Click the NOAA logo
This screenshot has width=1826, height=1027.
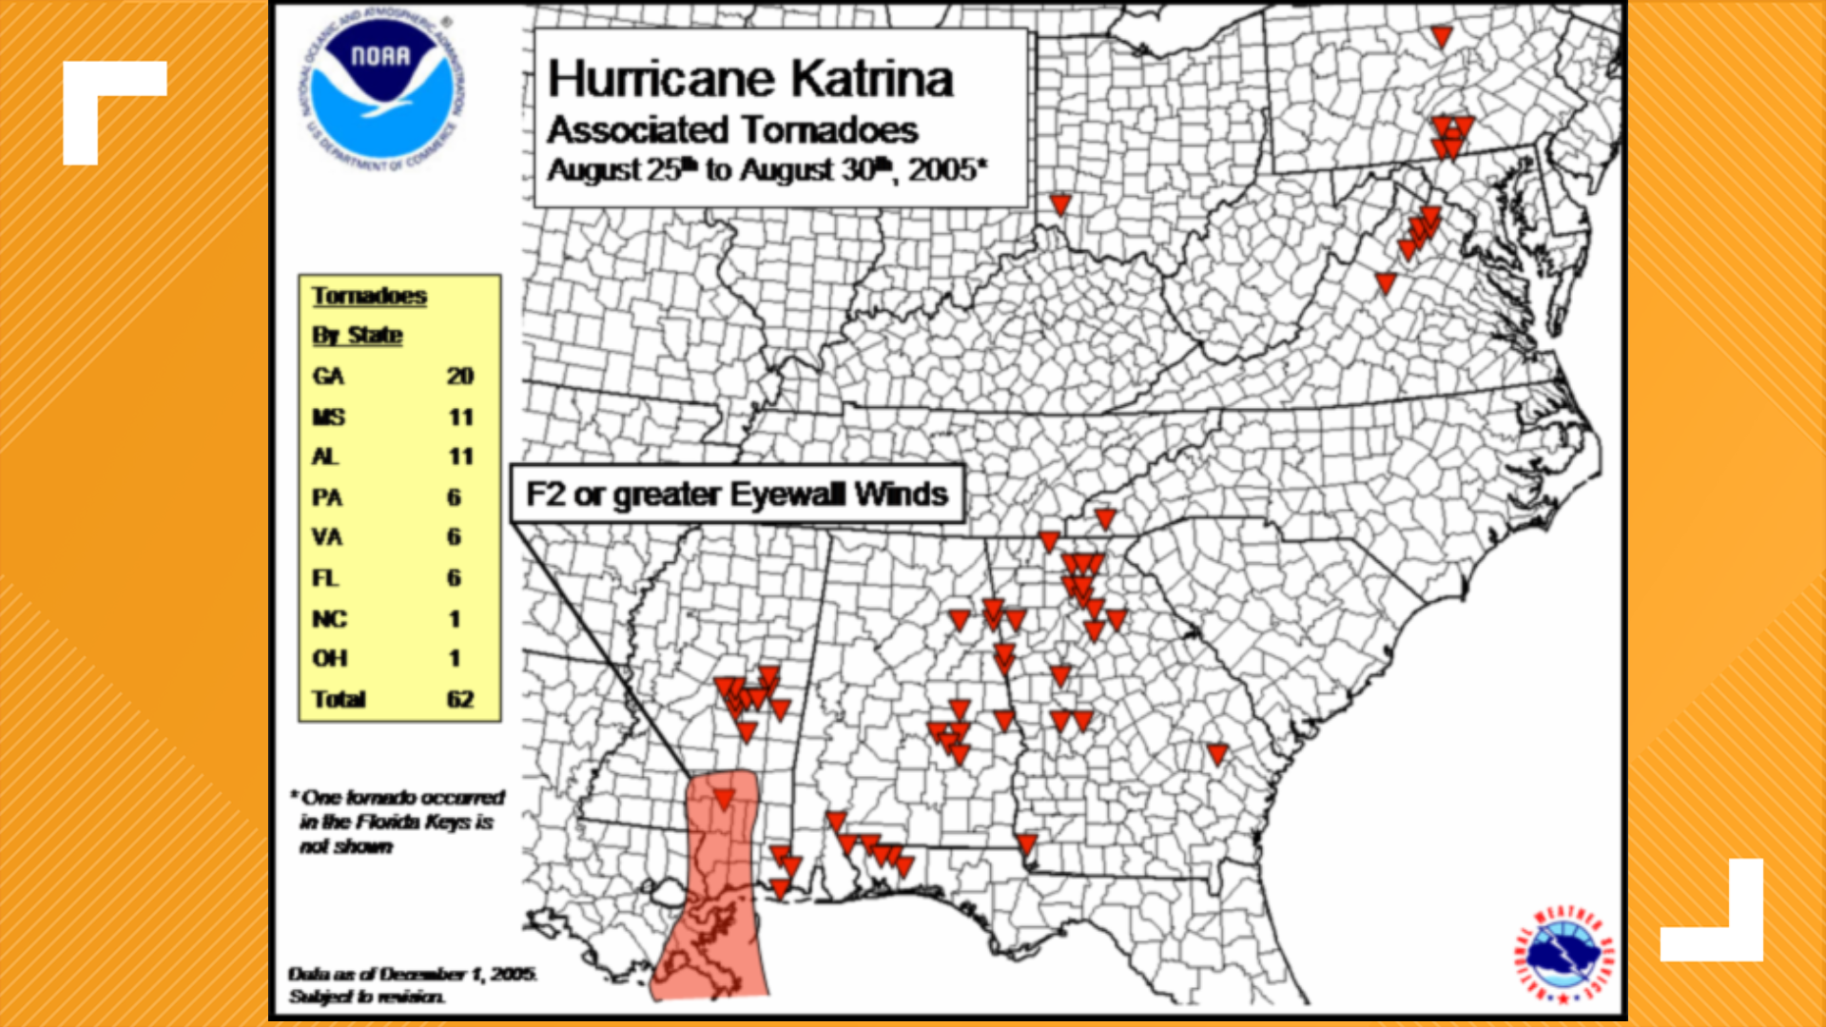coord(381,91)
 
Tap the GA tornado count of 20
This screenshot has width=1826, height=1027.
coord(460,377)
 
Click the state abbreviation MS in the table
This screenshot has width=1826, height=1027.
coord(329,417)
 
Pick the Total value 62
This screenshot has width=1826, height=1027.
coord(460,699)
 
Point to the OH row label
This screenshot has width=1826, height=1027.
coord(329,658)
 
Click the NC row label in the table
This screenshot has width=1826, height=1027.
coord(329,619)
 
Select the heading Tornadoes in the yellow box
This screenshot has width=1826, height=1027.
coord(369,296)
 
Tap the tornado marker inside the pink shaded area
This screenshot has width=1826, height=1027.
coord(724,799)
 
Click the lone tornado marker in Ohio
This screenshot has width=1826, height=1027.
coord(1060,203)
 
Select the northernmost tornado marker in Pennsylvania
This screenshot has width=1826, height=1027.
coord(1442,36)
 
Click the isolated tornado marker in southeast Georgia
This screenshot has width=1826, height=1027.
coord(1217,754)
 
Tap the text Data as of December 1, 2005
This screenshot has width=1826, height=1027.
coord(412,974)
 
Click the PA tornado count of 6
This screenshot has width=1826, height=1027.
coord(454,497)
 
